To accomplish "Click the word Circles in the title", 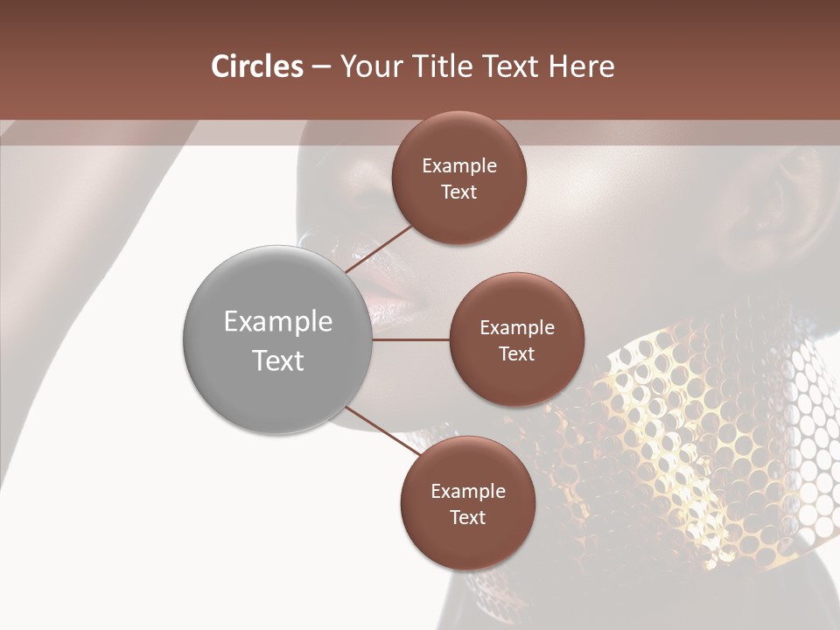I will (256, 66).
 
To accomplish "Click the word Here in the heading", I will (581, 66).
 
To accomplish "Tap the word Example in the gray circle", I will (278, 322).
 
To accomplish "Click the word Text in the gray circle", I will (278, 360).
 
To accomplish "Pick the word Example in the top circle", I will (459, 166).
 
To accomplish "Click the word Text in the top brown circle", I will (458, 192).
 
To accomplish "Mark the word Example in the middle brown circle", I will (517, 328).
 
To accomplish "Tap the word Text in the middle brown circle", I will (516, 354).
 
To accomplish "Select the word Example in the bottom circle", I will (468, 492).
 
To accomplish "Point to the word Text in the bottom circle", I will (467, 518).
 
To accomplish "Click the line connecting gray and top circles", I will (381, 248).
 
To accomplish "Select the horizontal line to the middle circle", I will (410, 339).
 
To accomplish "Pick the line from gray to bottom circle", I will (383, 430).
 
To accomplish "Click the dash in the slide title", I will (321, 67).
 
